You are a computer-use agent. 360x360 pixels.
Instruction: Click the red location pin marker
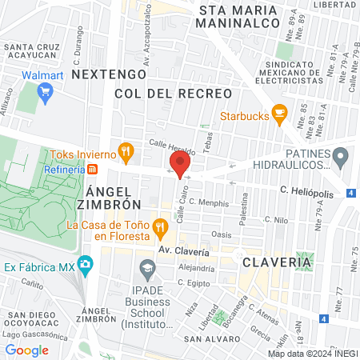pos(179,165)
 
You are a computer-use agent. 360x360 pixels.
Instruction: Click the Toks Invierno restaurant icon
pos(125,150)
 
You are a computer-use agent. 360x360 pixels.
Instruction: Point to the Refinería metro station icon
pos(93,169)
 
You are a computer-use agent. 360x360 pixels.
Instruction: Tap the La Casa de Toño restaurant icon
pos(160,227)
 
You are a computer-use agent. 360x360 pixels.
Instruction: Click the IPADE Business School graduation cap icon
pos(146,266)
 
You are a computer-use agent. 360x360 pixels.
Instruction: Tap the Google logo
pos(27,350)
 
